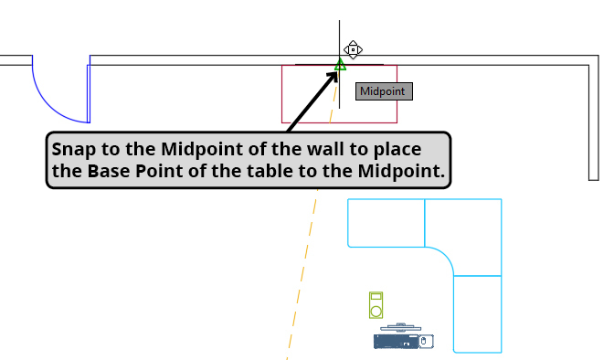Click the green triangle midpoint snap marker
click(340, 65)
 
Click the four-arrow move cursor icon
click(354, 49)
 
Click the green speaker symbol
click(375, 304)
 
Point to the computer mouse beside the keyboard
click(424, 342)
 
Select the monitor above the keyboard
click(401, 327)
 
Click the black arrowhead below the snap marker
click(334, 74)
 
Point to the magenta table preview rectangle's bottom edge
click(339, 122)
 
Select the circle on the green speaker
click(375, 309)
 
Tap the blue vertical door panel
click(89, 91)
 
